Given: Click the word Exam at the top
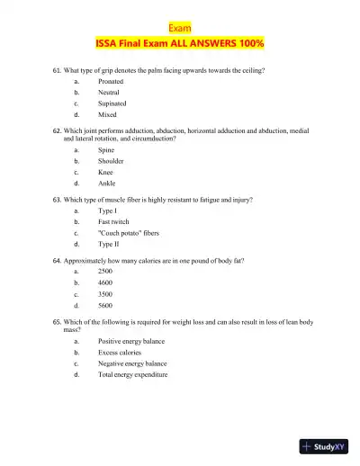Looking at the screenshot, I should [180, 28].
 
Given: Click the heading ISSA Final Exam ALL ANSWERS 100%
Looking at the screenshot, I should [180, 43].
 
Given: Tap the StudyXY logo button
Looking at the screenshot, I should [325, 447].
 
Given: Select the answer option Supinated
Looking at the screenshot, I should [113, 103].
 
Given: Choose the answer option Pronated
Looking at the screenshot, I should [112, 81].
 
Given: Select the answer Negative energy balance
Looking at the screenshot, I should [132, 363].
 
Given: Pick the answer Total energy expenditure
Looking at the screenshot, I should [133, 374].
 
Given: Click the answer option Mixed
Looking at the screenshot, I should [108, 114].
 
